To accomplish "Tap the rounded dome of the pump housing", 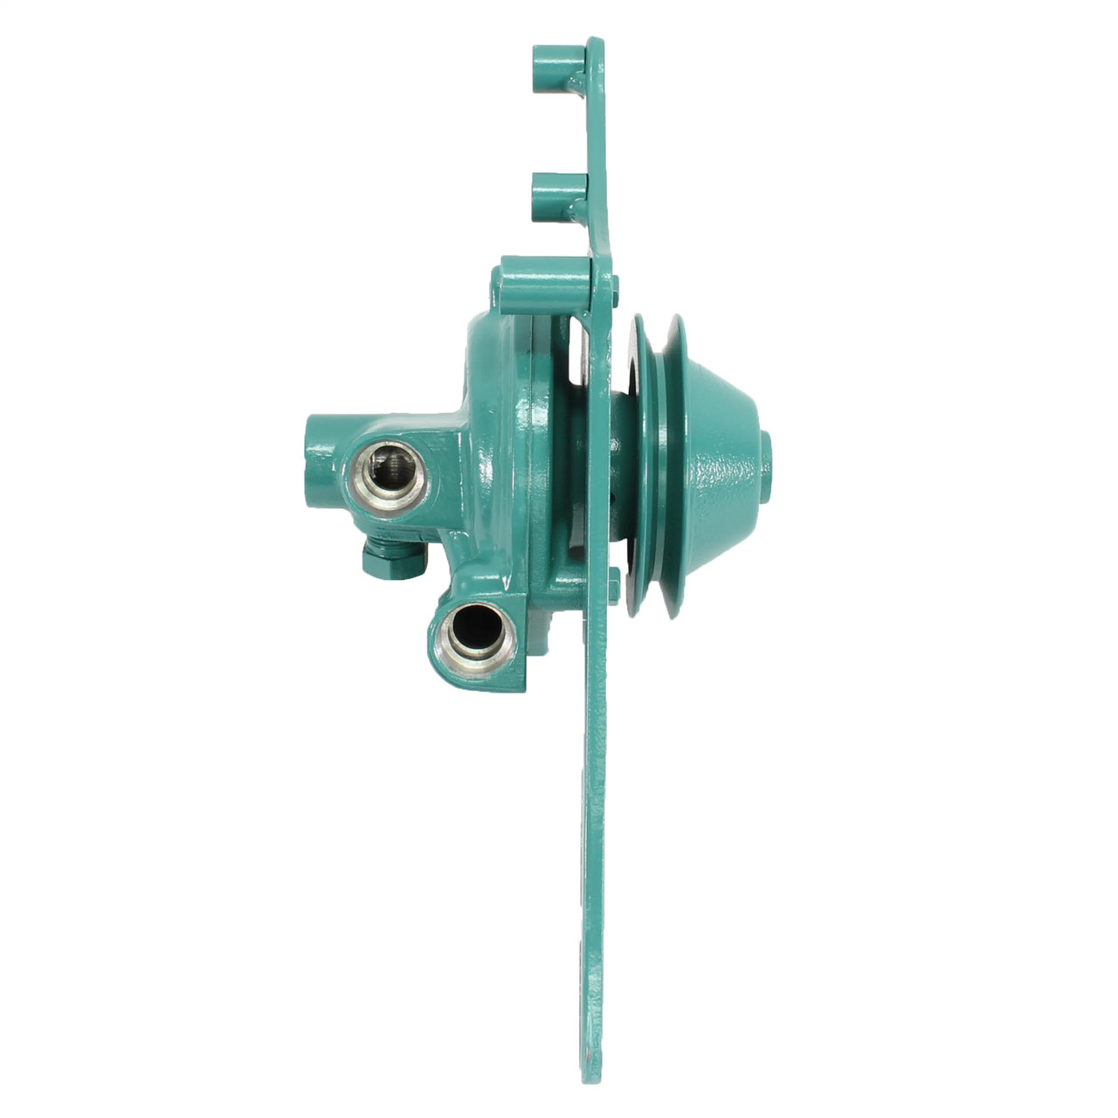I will coord(489,367).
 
